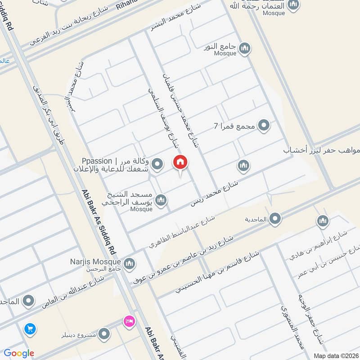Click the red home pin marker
click(180, 162)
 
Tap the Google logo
click(19, 353)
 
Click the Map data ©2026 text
click(335, 355)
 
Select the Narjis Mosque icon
click(129, 264)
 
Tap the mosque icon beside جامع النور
click(244, 49)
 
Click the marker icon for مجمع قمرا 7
click(264, 126)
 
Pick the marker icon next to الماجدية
click(276, 219)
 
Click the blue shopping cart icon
click(30, 329)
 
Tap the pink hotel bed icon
click(129, 321)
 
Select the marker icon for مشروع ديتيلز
click(104, 334)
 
